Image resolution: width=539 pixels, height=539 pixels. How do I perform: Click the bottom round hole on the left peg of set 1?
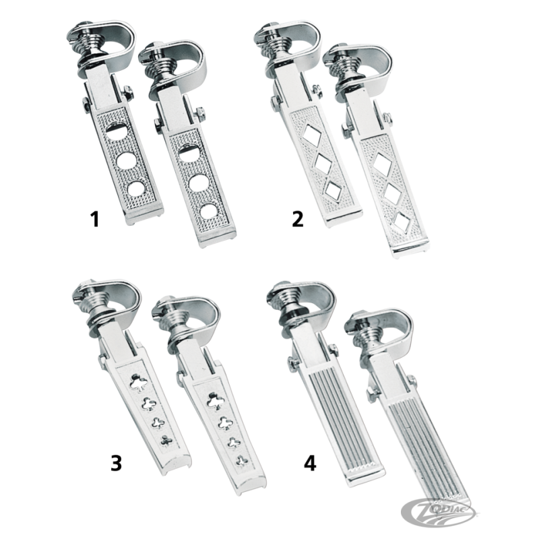[x=136, y=189]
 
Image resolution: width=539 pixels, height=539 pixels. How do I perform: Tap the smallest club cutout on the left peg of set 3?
[x=166, y=441]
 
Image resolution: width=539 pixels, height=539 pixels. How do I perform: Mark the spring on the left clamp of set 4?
[x=290, y=303]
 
